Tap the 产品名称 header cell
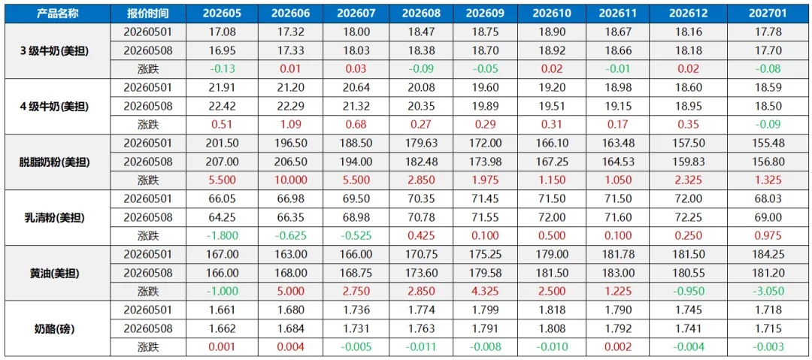[x=57, y=14]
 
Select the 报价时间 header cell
[x=147, y=14]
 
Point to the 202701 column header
[x=767, y=14]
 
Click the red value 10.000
[x=291, y=180]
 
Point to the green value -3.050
[x=767, y=292]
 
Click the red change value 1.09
[x=291, y=125]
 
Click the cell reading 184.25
[x=767, y=254]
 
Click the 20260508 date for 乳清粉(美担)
[x=147, y=217]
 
